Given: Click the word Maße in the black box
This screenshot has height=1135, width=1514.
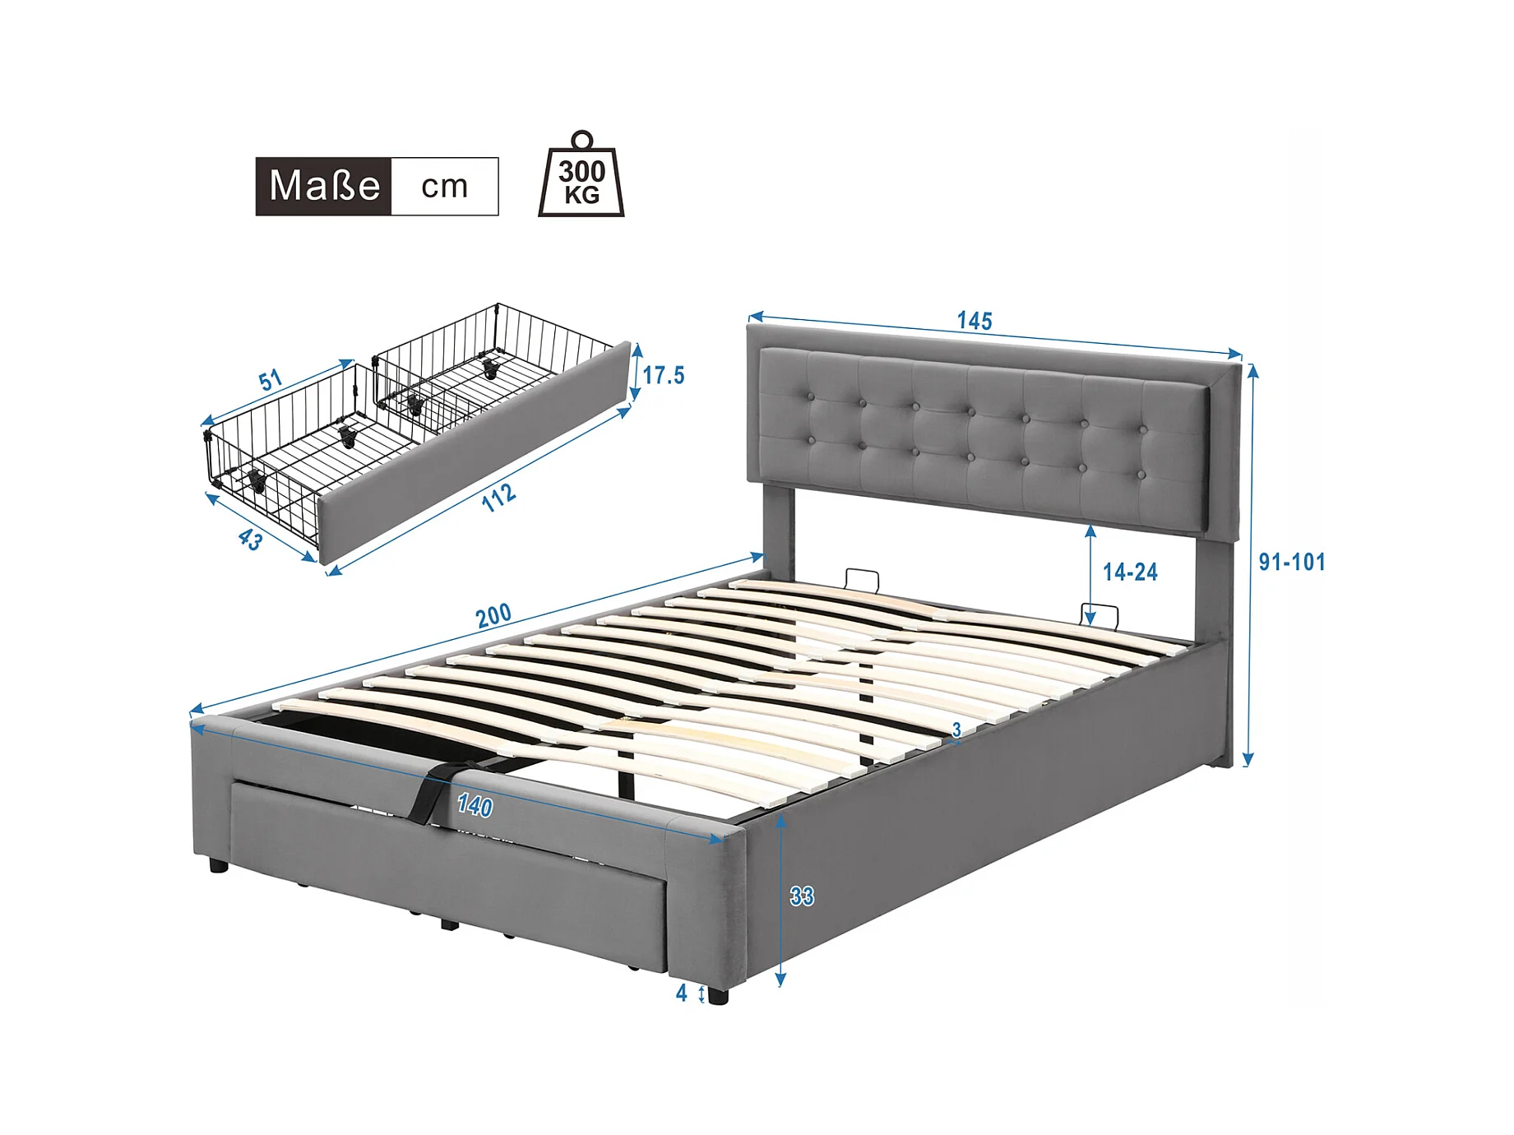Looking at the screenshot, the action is pyautogui.click(x=324, y=186).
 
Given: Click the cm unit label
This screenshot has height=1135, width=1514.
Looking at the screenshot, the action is pyautogui.click(x=444, y=187).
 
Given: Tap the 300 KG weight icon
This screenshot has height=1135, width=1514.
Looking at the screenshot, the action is pyautogui.click(x=581, y=174).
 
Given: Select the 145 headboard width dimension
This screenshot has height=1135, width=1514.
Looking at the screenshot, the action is pyautogui.click(x=975, y=321).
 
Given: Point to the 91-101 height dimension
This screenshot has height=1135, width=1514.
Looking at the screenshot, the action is pyautogui.click(x=1292, y=562).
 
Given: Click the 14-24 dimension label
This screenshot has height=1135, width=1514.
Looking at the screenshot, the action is pyautogui.click(x=1130, y=572).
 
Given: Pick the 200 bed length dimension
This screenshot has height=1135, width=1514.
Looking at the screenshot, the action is pyautogui.click(x=493, y=615).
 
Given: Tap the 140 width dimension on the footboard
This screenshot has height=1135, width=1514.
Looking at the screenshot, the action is pyautogui.click(x=475, y=805).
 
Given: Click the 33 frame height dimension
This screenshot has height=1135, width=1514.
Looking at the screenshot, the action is pyautogui.click(x=802, y=896).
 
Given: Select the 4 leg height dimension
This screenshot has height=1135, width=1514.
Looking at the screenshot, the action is pyautogui.click(x=681, y=994).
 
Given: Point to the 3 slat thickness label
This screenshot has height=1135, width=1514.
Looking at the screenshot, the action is pyautogui.click(x=956, y=730).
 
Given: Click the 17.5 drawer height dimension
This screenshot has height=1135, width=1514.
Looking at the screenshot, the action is pyautogui.click(x=663, y=375).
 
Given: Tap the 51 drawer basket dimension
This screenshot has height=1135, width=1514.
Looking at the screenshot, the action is pyautogui.click(x=271, y=380).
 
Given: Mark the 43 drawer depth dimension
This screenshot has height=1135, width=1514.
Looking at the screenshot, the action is pyautogui.click(x=250, y=540).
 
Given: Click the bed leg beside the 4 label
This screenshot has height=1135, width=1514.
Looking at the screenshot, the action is pyautogui.click(x=717, y=996).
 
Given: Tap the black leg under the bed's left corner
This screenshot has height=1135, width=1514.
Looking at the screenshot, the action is pyautogui.click(x=218, y=865).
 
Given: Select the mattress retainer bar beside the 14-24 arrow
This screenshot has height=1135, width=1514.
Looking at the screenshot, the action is pyautogui.click(x=1100, y=615).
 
